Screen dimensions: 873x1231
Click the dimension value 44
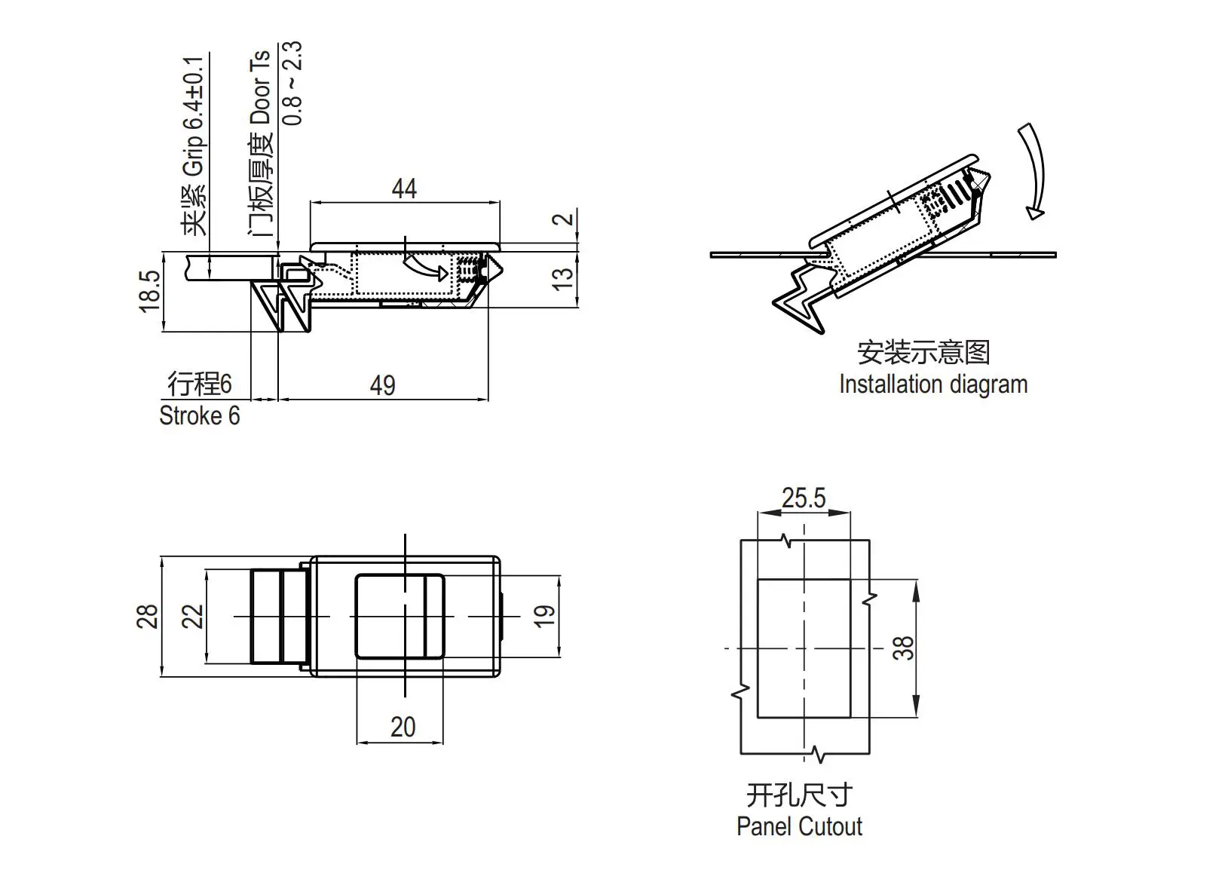point(404,188)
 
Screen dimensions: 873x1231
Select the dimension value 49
point(382,385)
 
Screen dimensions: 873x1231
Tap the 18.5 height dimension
point(150,291)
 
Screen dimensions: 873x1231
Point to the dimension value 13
point(563,277)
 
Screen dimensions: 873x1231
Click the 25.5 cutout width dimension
point(804,498)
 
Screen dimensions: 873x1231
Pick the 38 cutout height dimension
point(903,648)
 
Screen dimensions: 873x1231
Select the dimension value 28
point(148,617)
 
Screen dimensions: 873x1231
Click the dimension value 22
point(193,616)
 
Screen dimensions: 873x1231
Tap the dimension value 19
point(544,616)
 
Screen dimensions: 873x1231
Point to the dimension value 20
point(403,727)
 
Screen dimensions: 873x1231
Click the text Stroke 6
point(199,415)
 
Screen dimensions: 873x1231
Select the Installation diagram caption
point(933,384)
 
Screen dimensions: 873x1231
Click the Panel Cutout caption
point(799,826)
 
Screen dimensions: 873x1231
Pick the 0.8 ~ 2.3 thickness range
point(293,83)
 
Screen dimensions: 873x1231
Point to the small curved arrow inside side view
point(426,268)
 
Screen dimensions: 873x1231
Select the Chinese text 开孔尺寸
point(799,795)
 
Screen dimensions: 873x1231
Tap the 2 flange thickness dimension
point(564,219)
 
